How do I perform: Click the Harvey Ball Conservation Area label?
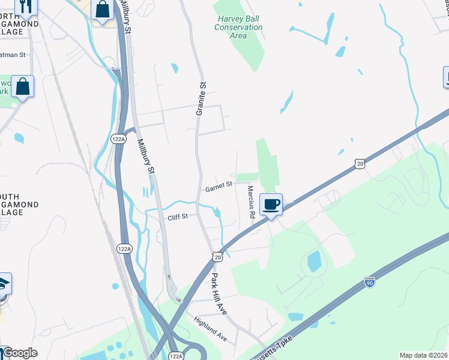(x=238, y=27)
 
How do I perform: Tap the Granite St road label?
(x=201, y=98)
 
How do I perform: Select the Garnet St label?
(x=218, y=187)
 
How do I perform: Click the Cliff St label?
(x=178, y=216)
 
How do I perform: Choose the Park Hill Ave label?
(x=217, y=295)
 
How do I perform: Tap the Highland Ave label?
(x=210, y=329)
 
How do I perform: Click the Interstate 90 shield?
(x=370, y=281)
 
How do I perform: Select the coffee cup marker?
(x=271, y=204)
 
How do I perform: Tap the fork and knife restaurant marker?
(x=25, y=6)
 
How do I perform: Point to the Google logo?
(x=19, y=353)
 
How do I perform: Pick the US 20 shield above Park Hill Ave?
(x=217, y=257)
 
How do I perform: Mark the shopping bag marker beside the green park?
(x=22, y=86)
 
